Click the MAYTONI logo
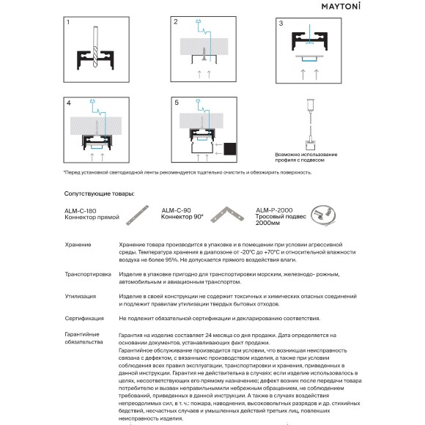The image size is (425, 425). pos(341,7)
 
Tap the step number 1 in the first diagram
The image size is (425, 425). pos(68,22)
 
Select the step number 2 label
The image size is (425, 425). pos(176,22)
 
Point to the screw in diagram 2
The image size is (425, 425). pos(204,53)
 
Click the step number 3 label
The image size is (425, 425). pos(281,23)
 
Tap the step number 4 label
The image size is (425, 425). pos(69,103)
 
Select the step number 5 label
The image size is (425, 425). pos(177,103)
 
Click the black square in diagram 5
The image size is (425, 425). pos(230,149)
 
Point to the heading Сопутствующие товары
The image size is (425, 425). pos(99,193)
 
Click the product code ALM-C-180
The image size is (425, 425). pos(80,211)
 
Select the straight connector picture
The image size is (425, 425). pos(138,215)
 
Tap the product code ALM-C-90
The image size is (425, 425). pos(176,210)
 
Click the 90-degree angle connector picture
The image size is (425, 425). pos(227,215)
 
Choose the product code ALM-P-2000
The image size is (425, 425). pos(274,210)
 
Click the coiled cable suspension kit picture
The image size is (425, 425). pos(323,215)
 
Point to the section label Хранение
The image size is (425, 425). pos(78,245)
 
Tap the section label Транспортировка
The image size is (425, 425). pos(88,274)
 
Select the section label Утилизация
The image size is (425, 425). pos(81,296)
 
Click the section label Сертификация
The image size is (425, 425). pos(84,319)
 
